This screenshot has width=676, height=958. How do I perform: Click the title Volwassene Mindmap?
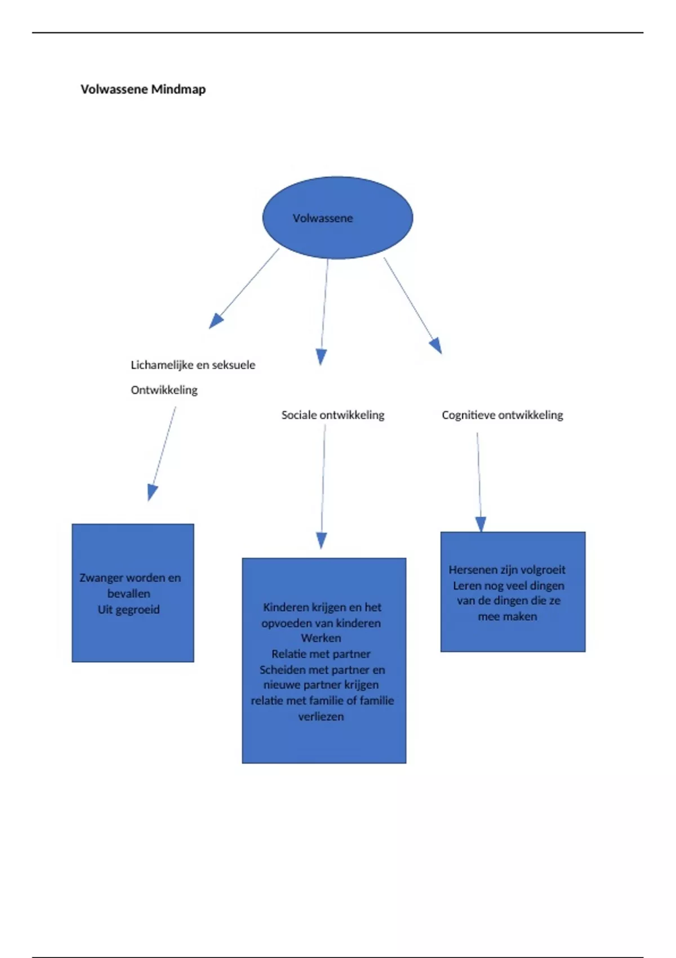coord(143,89)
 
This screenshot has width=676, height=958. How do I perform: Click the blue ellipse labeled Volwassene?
coord(337,218)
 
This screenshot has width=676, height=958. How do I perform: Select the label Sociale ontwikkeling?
coord(332,415)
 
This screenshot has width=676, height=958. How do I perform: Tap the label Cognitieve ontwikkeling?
coord(502,415)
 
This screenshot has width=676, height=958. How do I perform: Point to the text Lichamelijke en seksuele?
coord(193,365)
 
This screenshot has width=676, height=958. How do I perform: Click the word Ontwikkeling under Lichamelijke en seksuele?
coord(164,390)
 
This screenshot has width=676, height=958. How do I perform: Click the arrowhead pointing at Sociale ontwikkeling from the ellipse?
coord(321,357)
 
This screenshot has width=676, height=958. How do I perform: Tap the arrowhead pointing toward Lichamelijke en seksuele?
coord(215,321)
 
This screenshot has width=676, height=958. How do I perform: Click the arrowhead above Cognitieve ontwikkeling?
coord(436,345)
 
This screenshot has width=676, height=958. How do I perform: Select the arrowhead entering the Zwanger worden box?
coord(152,493)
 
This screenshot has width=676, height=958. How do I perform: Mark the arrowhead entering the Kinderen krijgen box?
coord(321,540)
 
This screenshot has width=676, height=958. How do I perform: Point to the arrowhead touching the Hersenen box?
coord(481,524)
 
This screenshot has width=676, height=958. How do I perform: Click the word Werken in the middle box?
coord(321,638)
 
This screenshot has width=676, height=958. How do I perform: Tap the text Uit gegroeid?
coord(128,610)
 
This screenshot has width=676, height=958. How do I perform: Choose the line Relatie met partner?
coord(321,654)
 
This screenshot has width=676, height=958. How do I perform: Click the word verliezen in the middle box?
coord(321,717)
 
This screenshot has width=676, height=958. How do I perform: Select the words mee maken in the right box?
coord(507,617)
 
